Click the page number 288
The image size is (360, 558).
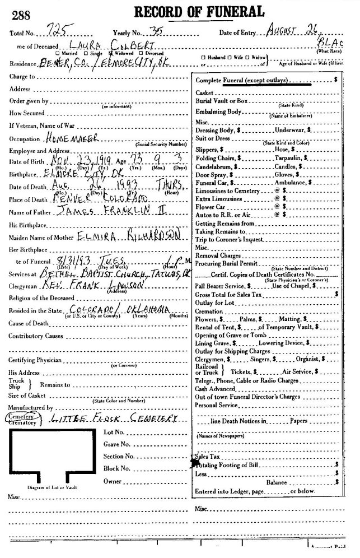(x=19, y=16)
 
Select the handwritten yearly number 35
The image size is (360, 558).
(x=152, y=32)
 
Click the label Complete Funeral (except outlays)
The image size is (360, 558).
(x=243, y=81)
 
